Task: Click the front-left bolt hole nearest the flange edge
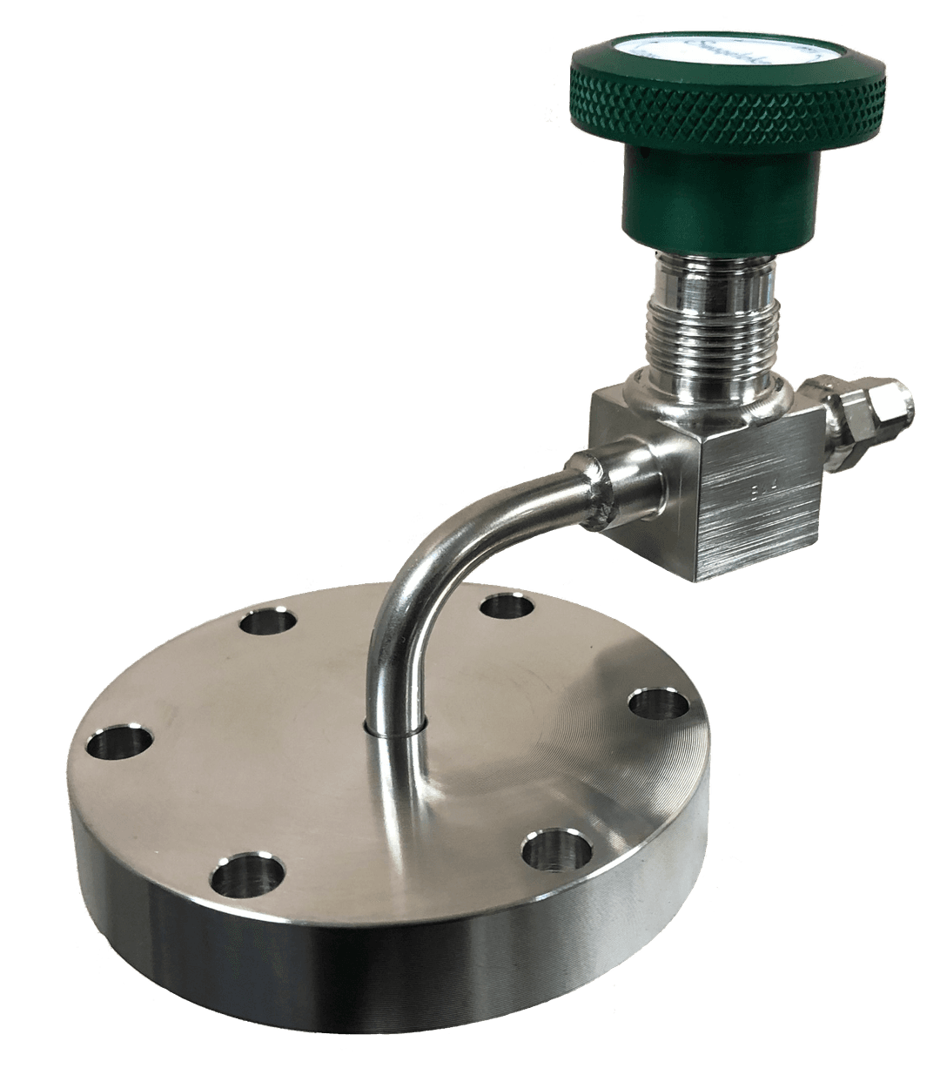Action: tap(248, 875)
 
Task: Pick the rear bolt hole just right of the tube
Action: tap(507, 604)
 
